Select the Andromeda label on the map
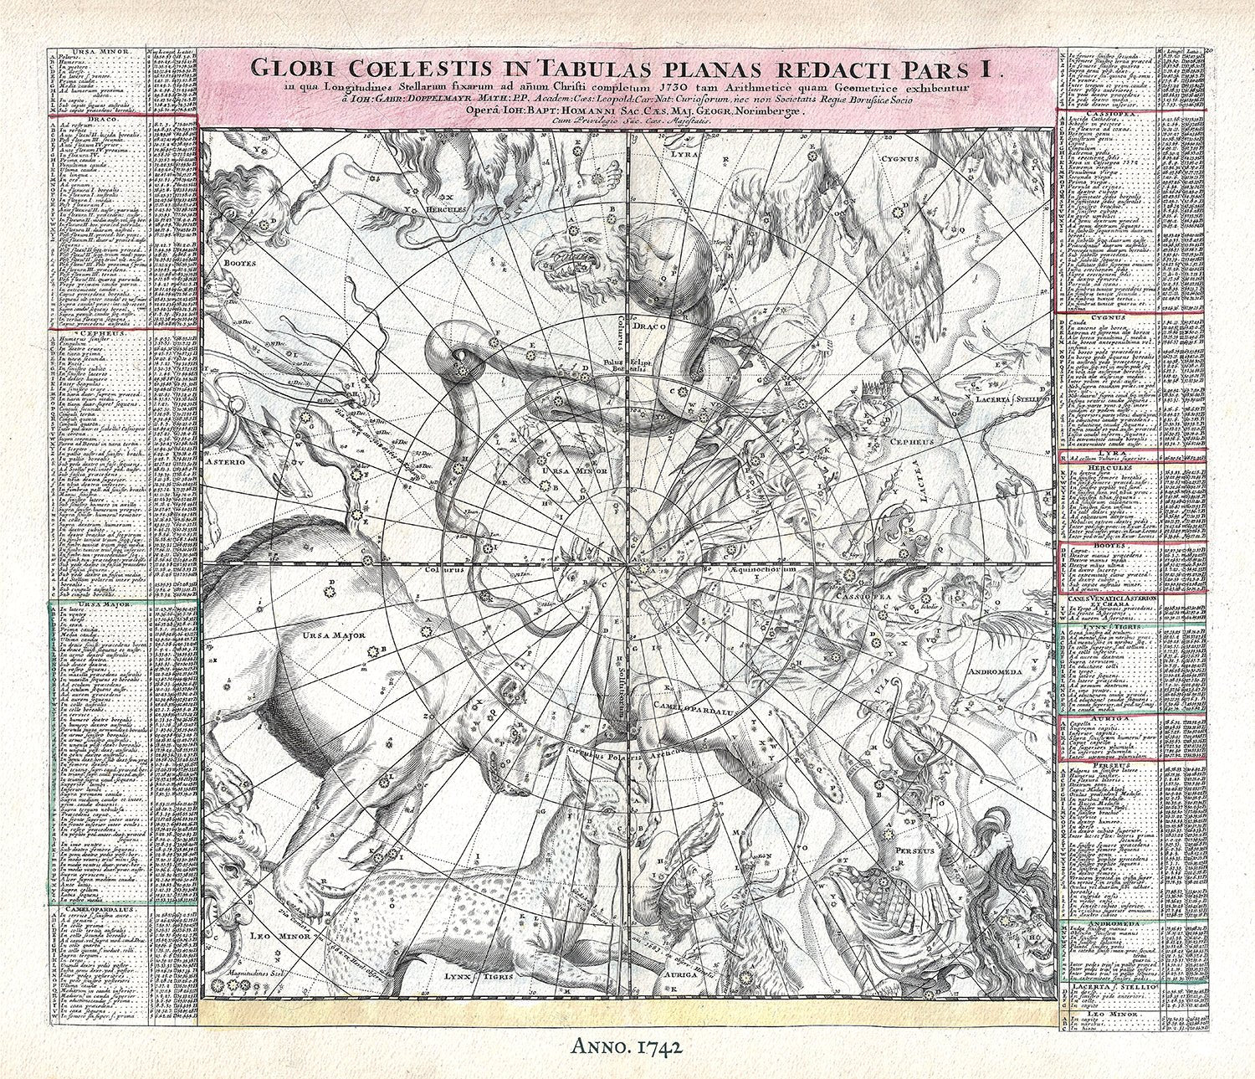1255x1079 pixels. point(994,672)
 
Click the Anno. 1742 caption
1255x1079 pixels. point(625,1045)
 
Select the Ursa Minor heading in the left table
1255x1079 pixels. point(99,51)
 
